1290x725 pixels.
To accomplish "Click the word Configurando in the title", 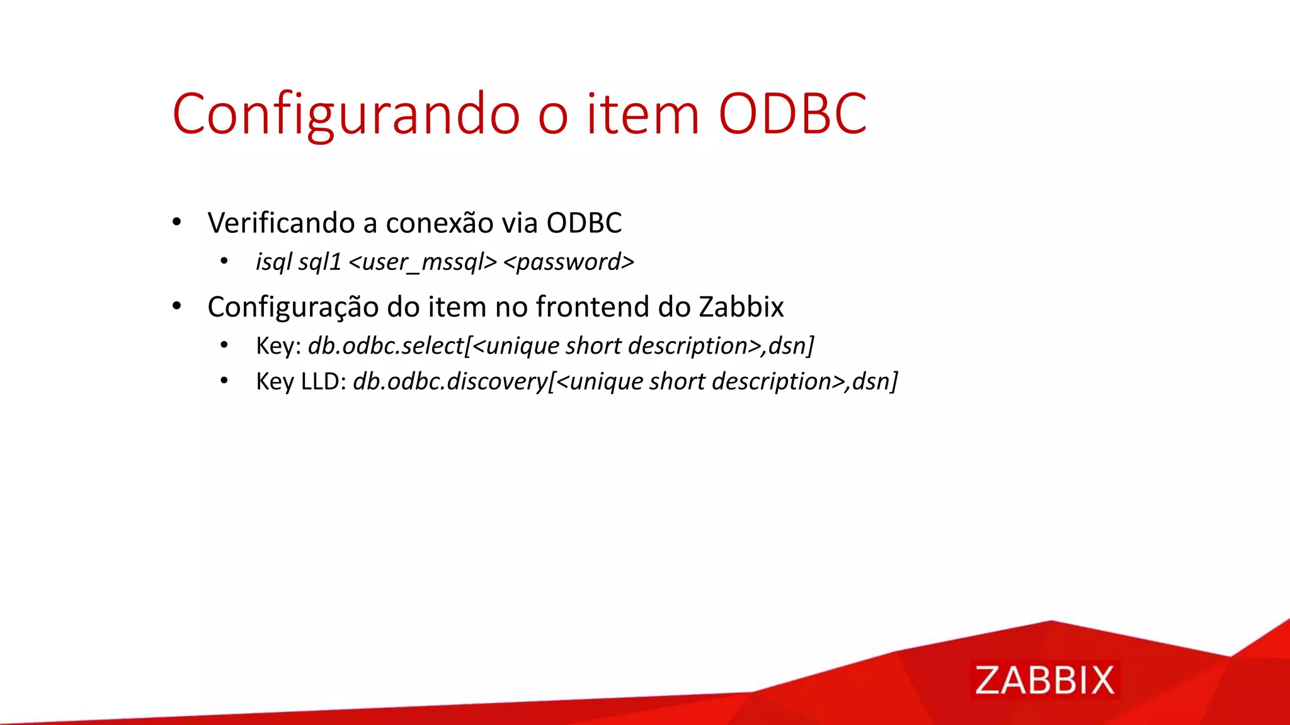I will click(x=346, y=114).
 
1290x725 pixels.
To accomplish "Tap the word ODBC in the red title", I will click(x=792, y=114).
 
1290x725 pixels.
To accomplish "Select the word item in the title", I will click(x=642, y=114).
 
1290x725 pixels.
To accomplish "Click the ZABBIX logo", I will click(x=1045, y=680).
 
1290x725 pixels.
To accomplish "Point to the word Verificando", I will click(x=285, y=223).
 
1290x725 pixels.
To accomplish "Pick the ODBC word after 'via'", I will click(x=584, y=223).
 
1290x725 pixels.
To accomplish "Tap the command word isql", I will click(x=273, y=262).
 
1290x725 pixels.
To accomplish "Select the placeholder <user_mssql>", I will click(x=423, y=262).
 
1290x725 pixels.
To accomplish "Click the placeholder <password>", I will click(x=569, y=262).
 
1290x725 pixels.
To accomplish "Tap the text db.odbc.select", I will click(x=386, y=346).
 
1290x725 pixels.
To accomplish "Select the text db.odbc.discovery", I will click(x=450, y=381).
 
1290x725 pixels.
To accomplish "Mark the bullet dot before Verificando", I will click(x=177, y=222).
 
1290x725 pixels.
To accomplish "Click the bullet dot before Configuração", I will click(x=177, y=306).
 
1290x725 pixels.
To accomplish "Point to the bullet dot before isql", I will click(x=224, y=261).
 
